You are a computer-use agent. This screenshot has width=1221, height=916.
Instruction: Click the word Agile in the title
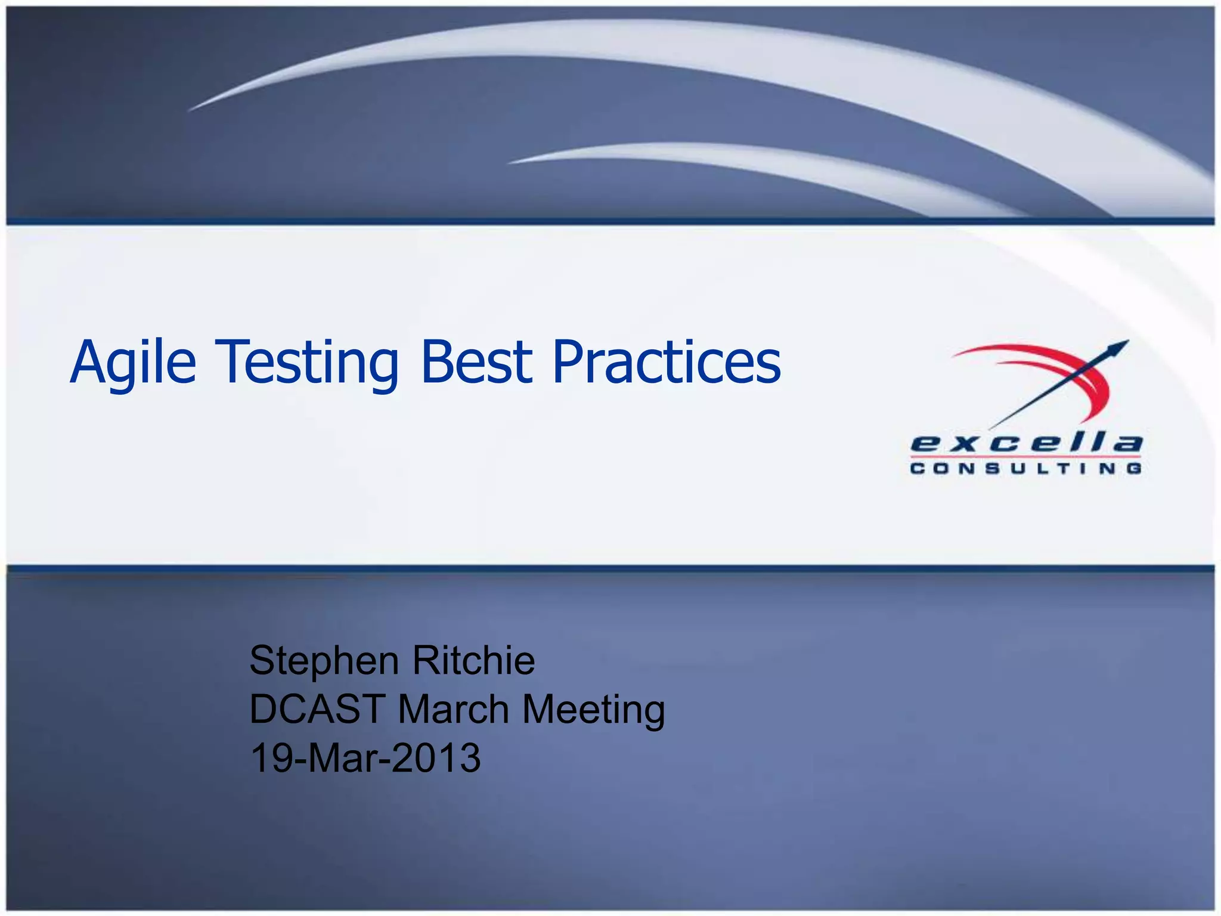tap(133, 363)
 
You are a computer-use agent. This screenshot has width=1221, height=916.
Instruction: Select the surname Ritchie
tap(473, 660)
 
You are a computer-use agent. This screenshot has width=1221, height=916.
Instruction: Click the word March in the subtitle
tap(453, 710)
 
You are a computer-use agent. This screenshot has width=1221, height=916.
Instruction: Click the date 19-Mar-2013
tap(365, 758)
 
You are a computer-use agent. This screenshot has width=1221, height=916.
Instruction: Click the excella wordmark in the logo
tap(1026, 444)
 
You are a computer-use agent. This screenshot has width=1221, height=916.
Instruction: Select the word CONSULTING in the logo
tap(1026, 469)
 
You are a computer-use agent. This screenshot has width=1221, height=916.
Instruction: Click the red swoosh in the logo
tap(1067, 364)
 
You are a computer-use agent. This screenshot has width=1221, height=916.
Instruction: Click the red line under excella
tap(1026, 457)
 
